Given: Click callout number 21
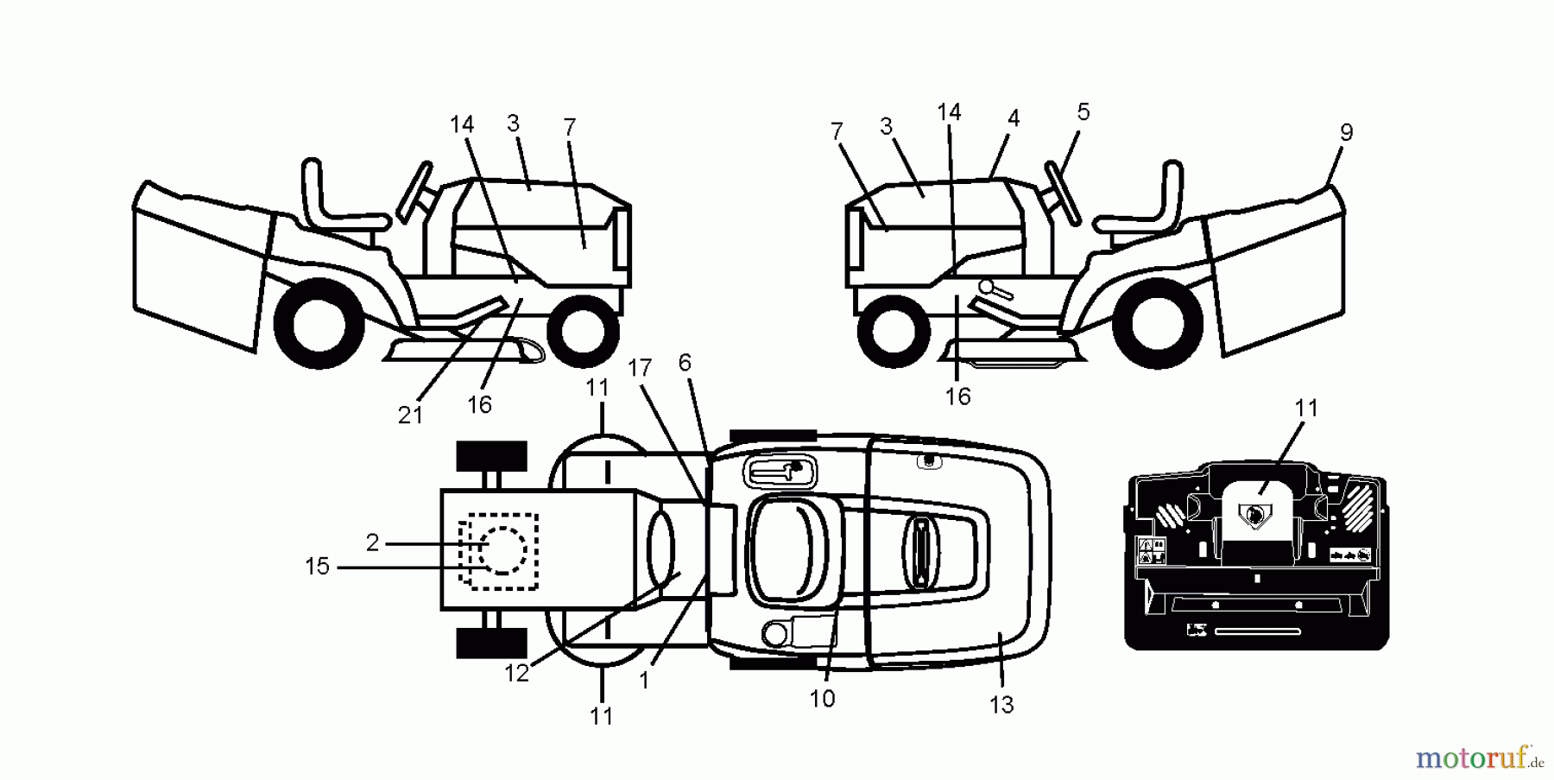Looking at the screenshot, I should coord(410,415).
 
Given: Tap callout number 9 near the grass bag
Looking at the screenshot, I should coord(1346,133).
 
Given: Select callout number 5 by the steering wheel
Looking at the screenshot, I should coord(1083,112).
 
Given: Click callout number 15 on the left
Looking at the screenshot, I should coord(317,567).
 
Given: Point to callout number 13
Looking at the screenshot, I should coord(1001,706).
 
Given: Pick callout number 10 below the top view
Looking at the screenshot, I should coord(822,699).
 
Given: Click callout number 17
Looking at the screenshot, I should coord(639,369).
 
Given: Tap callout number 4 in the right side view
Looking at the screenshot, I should coord(1014,118).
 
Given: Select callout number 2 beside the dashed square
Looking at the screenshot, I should coord(372,543).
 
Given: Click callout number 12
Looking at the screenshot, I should coord(516,674).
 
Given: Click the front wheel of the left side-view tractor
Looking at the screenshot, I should coord(583,330).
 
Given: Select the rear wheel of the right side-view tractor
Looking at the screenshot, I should coord(1158,323).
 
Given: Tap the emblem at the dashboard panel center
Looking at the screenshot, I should coord(1254,517).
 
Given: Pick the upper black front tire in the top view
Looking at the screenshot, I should coord(491,456).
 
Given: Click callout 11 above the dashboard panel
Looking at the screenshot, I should coord(1306,409).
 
